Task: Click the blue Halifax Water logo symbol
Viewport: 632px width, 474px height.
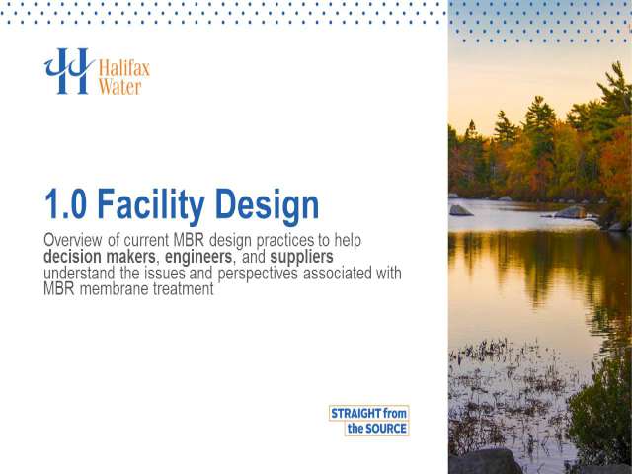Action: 69,71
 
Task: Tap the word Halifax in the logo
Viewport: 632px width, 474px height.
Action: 124,68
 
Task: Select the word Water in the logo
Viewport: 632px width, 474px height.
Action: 120,87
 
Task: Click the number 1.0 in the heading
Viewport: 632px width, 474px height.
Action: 66,204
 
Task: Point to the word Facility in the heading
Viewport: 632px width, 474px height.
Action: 151,206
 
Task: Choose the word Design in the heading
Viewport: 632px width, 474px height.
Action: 268,206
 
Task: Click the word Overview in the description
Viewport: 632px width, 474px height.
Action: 73,240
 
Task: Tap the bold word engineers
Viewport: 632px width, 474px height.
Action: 198,257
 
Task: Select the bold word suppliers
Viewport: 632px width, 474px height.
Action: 301,257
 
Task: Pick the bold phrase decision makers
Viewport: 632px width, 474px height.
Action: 99,257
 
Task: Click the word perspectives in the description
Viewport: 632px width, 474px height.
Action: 258,274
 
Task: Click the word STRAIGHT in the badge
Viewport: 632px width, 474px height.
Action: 355,413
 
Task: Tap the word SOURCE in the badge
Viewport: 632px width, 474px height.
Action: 386,428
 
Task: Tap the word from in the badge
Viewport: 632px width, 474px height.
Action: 395,413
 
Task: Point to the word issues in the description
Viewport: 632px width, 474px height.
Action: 165,273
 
